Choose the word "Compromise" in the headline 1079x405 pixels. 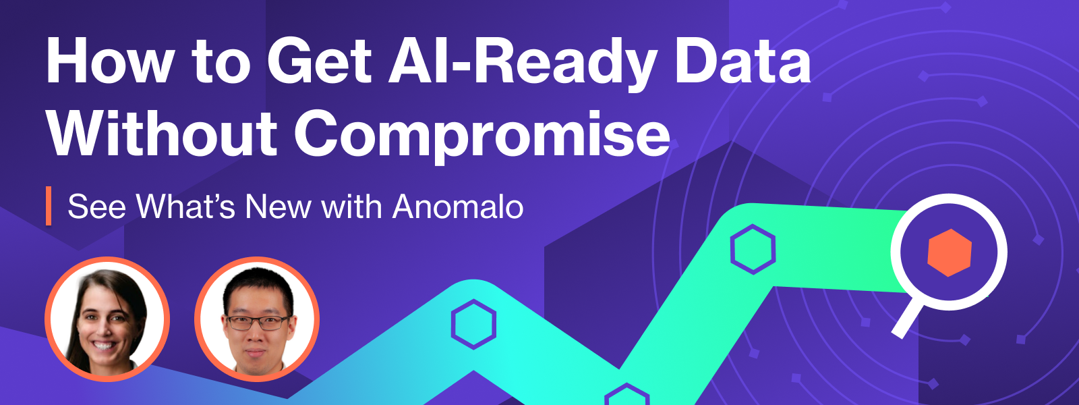[482, 135]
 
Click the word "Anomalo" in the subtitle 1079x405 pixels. [458, 207]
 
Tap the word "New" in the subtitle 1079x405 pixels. [277, 207]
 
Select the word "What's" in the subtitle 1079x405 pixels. [185, 207]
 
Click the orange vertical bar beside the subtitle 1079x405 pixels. [49, 206]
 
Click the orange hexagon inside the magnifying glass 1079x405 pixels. [950, 252]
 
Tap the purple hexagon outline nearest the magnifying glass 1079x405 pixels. [753, 249]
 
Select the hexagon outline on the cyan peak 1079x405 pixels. [473, 324]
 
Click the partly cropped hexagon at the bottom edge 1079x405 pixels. [626, 396]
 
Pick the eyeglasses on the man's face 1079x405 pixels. [257, 322]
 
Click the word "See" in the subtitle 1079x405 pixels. [97, 207]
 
